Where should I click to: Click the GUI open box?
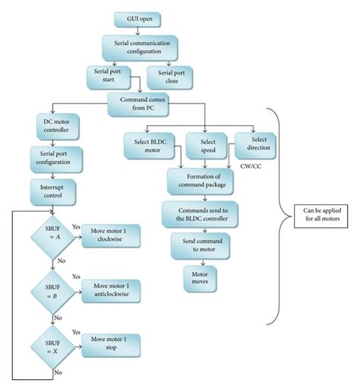tap(137, 17)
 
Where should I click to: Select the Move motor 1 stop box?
tap(107, 341)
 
